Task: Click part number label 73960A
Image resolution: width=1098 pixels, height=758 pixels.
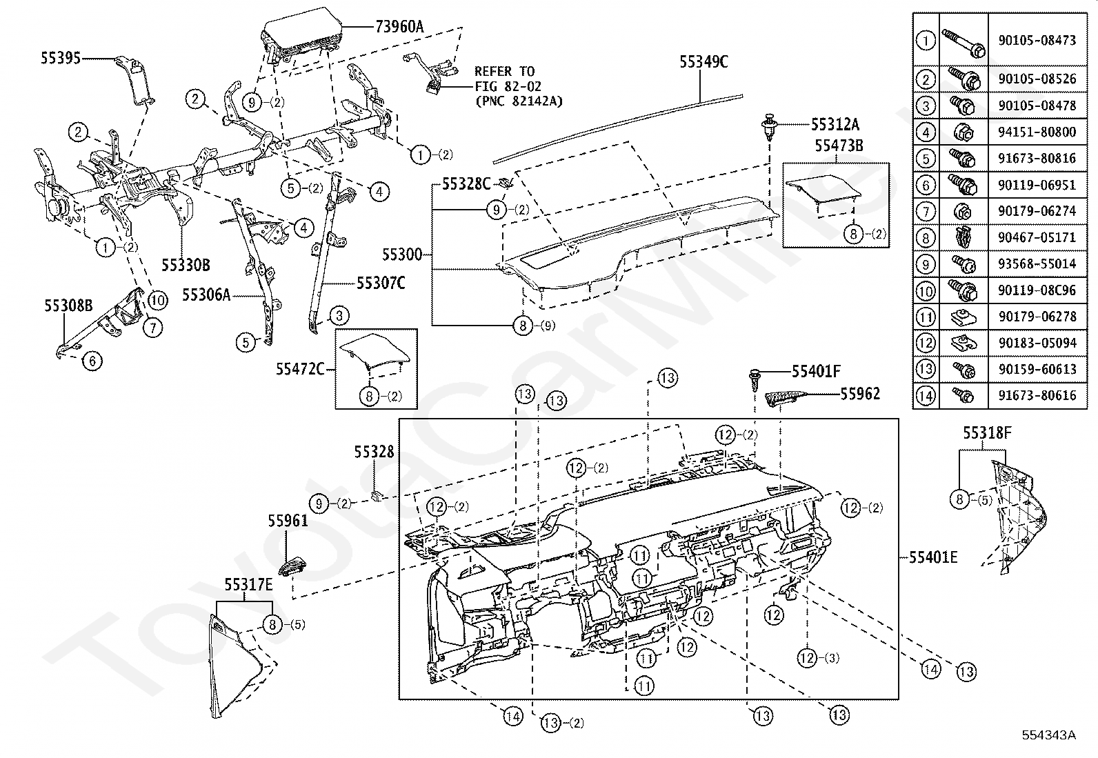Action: [x=399, y=27]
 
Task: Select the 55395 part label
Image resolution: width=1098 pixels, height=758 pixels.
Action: [x=60, y=59]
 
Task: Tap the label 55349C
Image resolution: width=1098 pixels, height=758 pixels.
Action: [x=703, y=62]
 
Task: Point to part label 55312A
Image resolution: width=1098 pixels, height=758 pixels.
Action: [x=835, y=124]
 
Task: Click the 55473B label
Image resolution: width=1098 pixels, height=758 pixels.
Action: [x=839, y=146]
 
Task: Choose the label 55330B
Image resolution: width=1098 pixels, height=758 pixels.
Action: [x=186, y=264]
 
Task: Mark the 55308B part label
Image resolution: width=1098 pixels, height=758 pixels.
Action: [x=68, y=305]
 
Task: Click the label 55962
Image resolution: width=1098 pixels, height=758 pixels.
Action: [x=860, y=394]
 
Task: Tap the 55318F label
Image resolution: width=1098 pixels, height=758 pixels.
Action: [x=987, y=433]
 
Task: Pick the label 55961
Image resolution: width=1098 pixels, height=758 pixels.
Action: [x=288, y=521]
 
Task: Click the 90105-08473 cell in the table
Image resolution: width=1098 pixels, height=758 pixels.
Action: [x=1037, y=41]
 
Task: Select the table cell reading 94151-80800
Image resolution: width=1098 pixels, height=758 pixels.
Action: [x=1037, y=132]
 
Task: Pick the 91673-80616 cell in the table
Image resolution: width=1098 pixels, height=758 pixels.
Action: [x=1037, y=395]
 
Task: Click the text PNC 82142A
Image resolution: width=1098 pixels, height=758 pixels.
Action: [x=519, y=101]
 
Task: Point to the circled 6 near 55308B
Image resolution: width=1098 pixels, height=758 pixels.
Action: [x=92, y=359]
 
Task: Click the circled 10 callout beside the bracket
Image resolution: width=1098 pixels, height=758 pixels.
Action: [x=157, y=300]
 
